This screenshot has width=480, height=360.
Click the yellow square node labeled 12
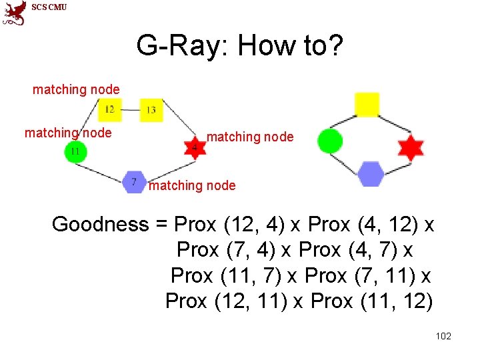tap(109, 109)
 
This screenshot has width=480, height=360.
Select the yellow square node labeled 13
tap(151, 109)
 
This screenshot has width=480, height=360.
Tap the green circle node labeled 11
tap(75, 151)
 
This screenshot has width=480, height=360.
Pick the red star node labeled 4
tap(194, 147)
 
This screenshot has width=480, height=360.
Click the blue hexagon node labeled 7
tap(135, 181)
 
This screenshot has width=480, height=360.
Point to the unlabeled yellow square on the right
tap(367, 105)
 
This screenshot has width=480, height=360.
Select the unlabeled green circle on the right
tap(330, 141)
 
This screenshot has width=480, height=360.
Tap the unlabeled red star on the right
tap(410, 147)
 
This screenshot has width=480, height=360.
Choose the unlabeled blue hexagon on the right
tap(370, 174)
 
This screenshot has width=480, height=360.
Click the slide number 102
tap(443, 336)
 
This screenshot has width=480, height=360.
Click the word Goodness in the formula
tap(101, 225)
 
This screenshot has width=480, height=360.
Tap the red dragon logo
tap(14, 12)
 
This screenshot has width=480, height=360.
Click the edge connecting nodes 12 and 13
tap(131, 109)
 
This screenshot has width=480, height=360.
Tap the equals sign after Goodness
tap(161, 225)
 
